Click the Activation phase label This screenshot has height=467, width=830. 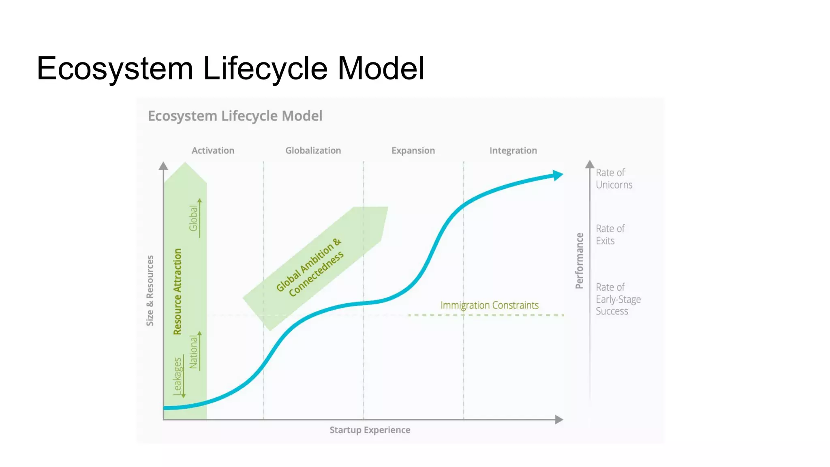213,150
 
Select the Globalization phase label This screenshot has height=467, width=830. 313,150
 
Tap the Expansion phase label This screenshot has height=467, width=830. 413,150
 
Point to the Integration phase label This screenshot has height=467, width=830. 513,150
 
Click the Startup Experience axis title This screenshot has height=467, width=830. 370,430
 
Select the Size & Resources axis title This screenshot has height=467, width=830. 150,290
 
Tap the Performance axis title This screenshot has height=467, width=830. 580,261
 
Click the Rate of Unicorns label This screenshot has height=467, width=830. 614,179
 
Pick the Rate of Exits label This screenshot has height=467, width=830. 610,235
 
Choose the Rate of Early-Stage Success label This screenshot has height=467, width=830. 618,299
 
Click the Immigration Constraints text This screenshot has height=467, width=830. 489,305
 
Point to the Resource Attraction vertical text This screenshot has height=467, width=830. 178,291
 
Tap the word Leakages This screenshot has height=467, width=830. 178,375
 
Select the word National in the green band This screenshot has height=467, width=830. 194,352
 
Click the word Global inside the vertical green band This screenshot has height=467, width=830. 194,218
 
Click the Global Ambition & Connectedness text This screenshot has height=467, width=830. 310,267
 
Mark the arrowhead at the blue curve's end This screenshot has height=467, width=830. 558,175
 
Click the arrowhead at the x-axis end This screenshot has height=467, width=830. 559,420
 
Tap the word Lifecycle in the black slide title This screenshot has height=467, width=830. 265,68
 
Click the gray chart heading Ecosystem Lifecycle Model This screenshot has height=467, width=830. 235,116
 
